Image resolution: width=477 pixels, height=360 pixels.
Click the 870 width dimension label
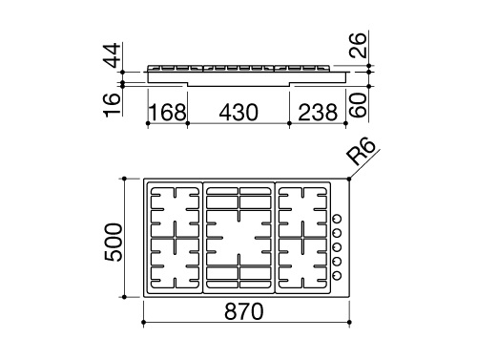coord(244,311)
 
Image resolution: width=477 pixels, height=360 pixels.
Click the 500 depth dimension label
coord(114,243)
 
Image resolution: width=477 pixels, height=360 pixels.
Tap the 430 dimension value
coord(238,113)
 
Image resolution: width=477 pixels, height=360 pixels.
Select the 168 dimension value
coord(168,113)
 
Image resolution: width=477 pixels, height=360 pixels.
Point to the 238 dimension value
coord(318,113)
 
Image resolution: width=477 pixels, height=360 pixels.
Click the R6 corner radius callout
coord(361,151)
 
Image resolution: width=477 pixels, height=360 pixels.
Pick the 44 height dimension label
coord(113,55)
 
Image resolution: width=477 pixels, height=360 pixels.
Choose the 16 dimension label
coord(113,105)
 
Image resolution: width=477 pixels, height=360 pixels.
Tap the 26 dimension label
coord(358,45)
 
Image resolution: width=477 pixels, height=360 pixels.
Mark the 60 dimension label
coord(358,105)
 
